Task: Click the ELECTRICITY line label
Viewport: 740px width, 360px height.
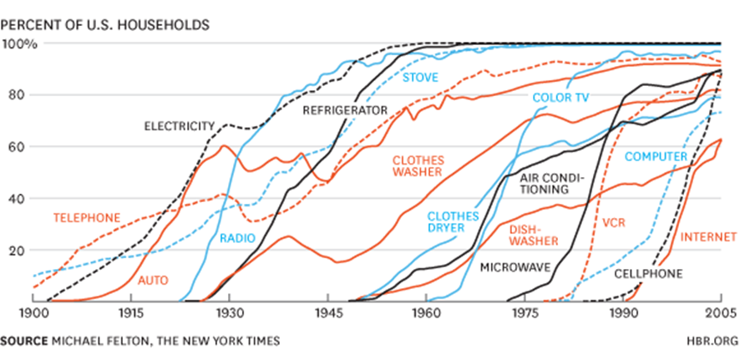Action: click(180, 126)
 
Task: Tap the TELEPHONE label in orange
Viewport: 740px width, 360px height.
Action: click(87, 218)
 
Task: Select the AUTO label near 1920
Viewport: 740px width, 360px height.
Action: click(151, 278)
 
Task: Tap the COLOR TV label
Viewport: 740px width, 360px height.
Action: click(560, 98)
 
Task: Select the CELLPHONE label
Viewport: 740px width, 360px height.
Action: click(649, 273)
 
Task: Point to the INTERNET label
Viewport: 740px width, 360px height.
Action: click(708, 236)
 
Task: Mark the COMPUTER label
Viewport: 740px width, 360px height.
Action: click(656, 156)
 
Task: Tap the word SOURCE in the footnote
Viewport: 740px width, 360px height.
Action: click(25, 341)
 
